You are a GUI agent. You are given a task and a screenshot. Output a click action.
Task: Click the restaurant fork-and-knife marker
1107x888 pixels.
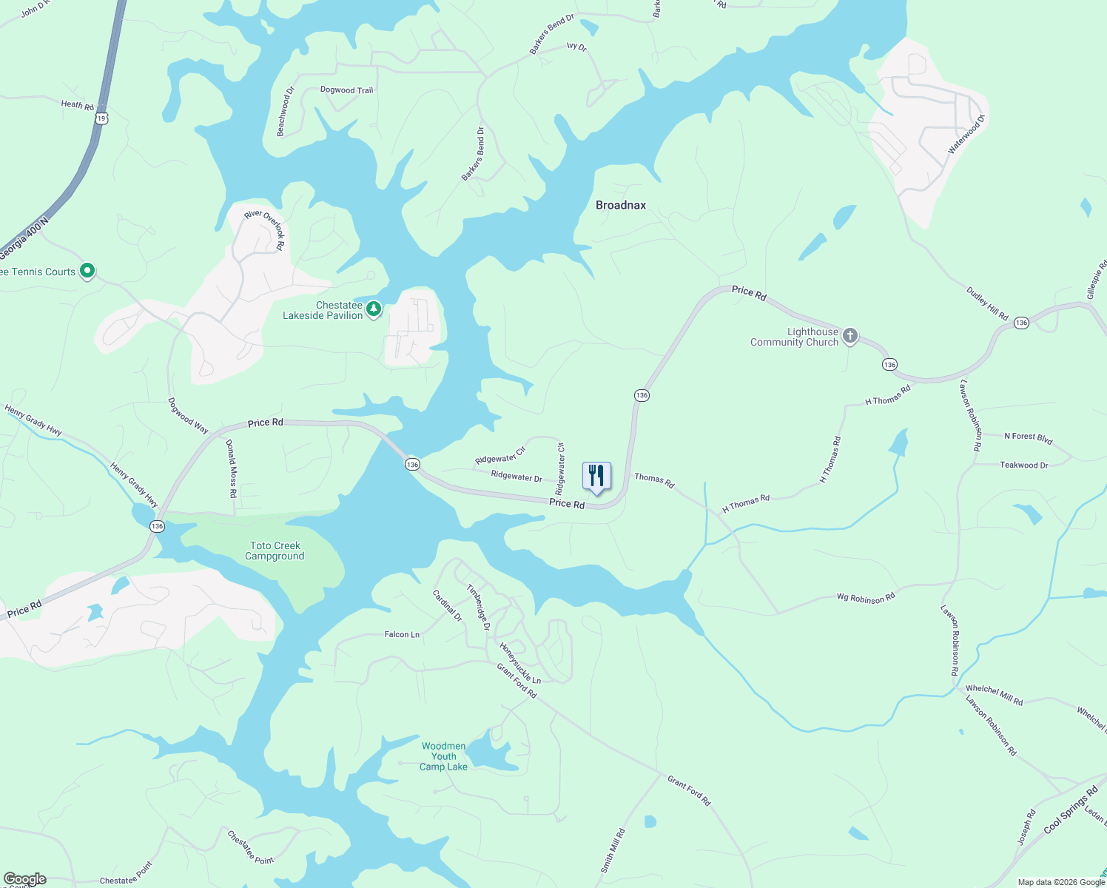pos(596,476)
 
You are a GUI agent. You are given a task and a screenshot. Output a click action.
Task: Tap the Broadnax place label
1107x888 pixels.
pos(621,205)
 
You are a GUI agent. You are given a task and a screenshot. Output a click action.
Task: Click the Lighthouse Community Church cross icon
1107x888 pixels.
pos(850,337)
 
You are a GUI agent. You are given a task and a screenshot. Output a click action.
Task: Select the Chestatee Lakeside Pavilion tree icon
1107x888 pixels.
pos(374,309)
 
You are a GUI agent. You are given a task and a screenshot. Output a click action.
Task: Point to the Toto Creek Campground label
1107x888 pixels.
pos(275,551)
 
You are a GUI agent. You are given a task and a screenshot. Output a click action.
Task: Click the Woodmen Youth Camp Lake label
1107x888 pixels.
pos(444,756)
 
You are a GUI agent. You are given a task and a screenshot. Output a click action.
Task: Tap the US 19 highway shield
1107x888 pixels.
pos(101,118)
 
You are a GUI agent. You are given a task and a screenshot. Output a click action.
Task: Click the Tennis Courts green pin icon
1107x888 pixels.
pos(87,272)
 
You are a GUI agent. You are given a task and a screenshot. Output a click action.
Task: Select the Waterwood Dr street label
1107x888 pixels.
pos(967,135)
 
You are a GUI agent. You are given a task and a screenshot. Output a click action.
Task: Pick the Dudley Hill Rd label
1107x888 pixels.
pos(987,303)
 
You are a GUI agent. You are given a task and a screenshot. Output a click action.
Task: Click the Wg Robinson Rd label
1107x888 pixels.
pos(866,597)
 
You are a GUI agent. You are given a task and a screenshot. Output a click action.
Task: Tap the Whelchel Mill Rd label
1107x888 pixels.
pos(994,696)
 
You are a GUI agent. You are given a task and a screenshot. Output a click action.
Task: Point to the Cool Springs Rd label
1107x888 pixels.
pos(1071,811)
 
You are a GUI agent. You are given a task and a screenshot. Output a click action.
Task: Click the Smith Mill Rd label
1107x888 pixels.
pos(613,851)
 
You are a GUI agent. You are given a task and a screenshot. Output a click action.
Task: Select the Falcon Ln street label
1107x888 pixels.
pos(402,634)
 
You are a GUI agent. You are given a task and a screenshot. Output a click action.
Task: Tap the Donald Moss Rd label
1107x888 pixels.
pos(232,468)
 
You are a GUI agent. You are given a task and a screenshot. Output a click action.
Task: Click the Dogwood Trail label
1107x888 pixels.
pos(346,90)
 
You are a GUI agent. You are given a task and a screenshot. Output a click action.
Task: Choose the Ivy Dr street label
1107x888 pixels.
pos(576,47)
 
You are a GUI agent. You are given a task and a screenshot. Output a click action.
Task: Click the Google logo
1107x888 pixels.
pos(24,879)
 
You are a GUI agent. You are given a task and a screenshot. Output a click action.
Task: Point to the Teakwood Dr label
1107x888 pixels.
pos(1024,465)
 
